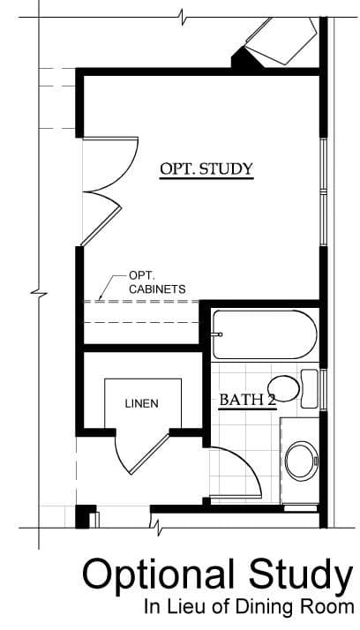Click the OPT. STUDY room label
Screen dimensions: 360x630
click(x=206, y=169)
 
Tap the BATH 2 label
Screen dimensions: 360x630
click(x=247, y=401)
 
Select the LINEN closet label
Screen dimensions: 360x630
click(x=141, y=404)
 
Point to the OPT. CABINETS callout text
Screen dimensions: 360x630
click(x=157, y=282)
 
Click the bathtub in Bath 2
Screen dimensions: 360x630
click(x=265, y=334)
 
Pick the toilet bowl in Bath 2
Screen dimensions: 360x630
click(x=283, y=388)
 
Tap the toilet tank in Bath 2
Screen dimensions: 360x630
click(x=309, y=388)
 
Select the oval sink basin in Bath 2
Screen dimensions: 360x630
click(x=302, y=461)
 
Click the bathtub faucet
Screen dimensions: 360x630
click(x=217, y=334)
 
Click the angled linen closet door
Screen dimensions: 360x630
click(x=148, y=454)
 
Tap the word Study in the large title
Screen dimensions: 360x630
click(x=301, y=576)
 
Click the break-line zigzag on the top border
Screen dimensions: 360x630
click(x=183, y=18)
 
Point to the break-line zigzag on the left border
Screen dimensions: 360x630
click(x=39, y=293)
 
